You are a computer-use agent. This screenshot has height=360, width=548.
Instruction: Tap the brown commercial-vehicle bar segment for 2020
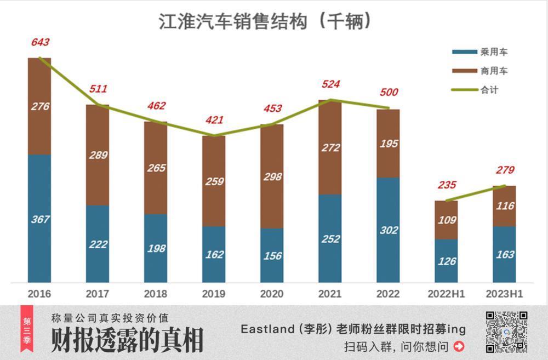(x=272, y=176)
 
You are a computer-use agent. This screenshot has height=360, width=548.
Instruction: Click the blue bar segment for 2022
(x=388, y=230)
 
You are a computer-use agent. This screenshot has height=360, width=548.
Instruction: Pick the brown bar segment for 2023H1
(x=504, y=206)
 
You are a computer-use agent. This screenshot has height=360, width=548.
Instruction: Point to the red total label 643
(x=40, y=42)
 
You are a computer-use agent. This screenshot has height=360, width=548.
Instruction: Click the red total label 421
(x=214, y=120)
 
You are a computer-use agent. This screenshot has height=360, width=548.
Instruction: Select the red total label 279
(x=504, y=170)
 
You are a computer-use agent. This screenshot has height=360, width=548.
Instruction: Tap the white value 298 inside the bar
(x=272, y=177)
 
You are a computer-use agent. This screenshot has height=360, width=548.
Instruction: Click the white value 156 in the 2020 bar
(x=272, y=256)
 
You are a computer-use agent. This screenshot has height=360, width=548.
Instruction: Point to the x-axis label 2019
(x=214, y=294)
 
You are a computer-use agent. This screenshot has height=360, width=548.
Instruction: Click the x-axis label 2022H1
(x=446, y=294)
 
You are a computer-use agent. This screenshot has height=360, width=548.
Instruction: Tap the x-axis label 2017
(x=98, y=294)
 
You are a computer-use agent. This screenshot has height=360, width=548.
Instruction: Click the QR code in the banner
(x=506, y=332)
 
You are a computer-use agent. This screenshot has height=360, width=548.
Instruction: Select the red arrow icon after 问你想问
(x=459, y=346)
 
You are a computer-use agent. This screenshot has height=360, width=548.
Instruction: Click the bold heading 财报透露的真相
(x=127, y=341)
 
